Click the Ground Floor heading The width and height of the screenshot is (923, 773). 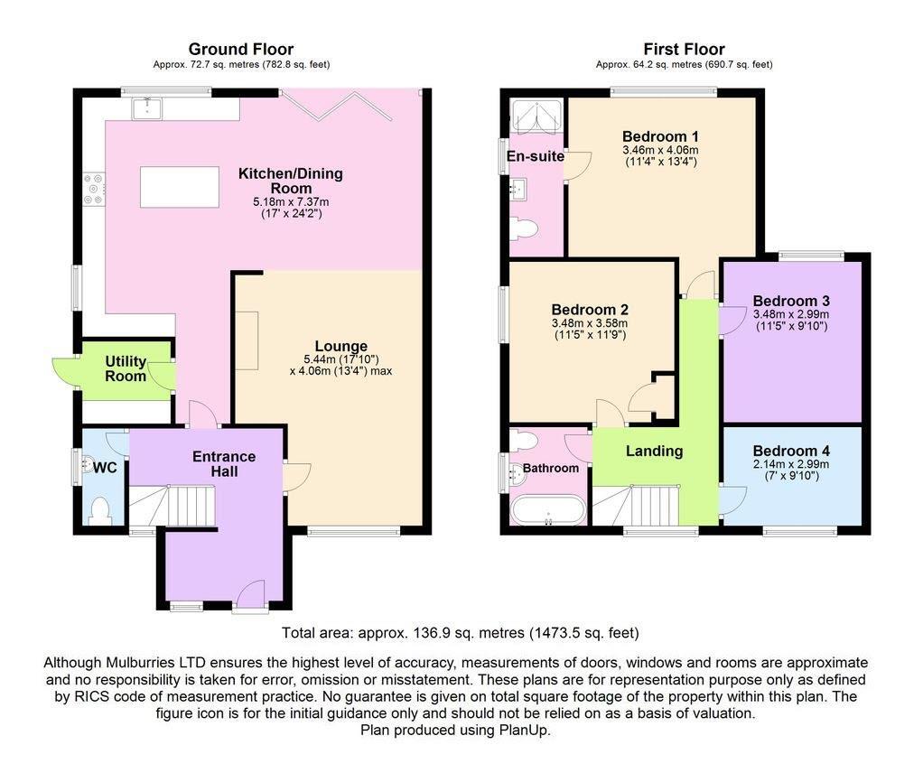(x=240, y=49)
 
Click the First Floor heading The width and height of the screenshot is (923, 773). (x=684, y=49)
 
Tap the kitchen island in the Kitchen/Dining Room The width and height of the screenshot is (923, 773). (x=179, y=187)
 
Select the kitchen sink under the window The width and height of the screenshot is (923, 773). (x=145, y=109)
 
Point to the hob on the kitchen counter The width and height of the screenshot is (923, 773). (x=93, y=189)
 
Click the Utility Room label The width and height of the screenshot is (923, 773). (x=126, y=368)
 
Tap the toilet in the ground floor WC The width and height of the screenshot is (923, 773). (x=98, y=511)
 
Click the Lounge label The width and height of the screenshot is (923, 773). (x=340, y=346)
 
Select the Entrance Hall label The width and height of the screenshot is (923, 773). (x=224, y=463)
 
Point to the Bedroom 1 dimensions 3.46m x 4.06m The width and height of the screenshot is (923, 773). (x=660, y=150)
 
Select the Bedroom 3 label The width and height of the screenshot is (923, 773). (x=791, y=301)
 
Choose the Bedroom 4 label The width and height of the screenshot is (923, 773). (x=791, y=451)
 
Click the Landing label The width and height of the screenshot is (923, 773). (x=654, y=451)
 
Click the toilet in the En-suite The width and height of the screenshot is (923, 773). (x=524, y=229)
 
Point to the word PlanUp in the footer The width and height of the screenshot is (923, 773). (x=526, y=730)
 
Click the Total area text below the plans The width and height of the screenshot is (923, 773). (x=461, y=632)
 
